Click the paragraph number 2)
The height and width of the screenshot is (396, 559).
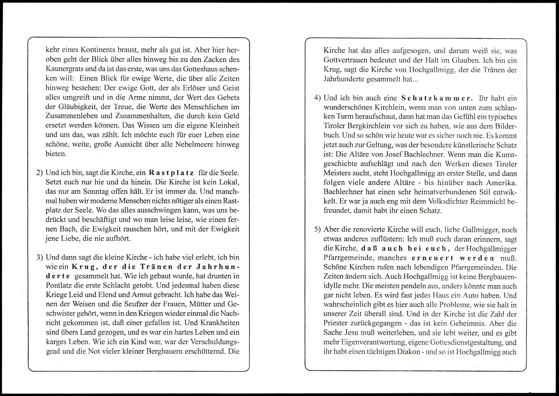(39, 173)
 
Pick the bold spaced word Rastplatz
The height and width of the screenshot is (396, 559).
(171, 173)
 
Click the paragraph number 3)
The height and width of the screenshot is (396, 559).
(39, 257)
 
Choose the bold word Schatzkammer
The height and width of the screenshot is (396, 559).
(437, 98)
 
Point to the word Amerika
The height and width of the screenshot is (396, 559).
(501, 183)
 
